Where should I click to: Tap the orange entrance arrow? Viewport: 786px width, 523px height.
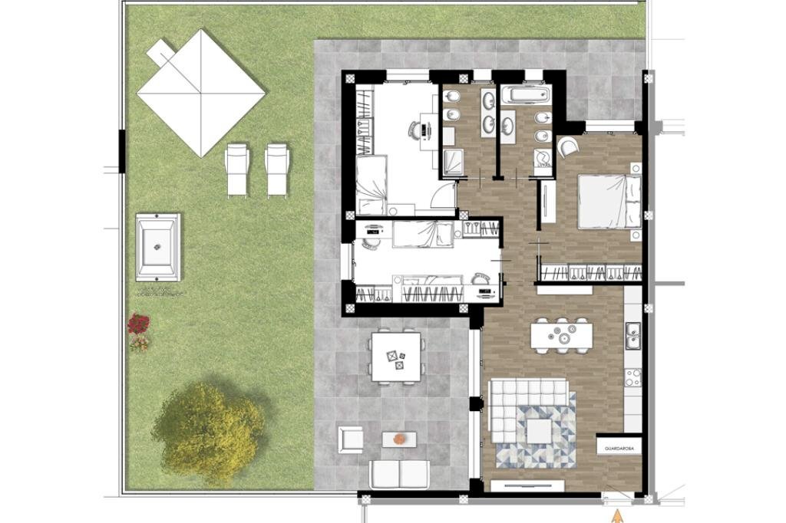[x=617, y=516]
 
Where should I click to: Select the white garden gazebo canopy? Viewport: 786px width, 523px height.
[x=201, y=92]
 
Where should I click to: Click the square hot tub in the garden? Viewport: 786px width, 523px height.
[x=158, y=246]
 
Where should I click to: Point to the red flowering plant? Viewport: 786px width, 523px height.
[x=139, y=324]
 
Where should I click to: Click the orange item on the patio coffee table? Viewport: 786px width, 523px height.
[x=400, y=438]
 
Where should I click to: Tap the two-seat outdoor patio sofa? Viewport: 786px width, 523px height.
[x=399, y=474]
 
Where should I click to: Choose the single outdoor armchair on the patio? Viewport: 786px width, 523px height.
[x=351, y=439]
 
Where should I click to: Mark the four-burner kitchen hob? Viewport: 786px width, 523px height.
[x=633, y=377]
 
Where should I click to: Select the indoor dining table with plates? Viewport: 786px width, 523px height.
[x=561, y=335]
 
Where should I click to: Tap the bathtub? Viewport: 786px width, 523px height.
[x=525, y=95]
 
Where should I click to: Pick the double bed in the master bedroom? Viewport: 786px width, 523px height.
[x=609, y=202]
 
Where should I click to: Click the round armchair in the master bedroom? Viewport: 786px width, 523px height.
[x=569, y=146]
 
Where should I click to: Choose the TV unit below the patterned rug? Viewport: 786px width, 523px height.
[x=527, y=485]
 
